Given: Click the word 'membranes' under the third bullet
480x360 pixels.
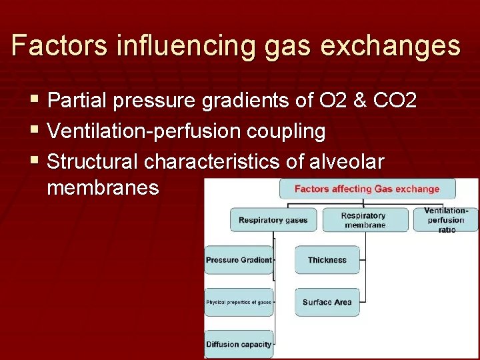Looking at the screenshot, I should (103, 188).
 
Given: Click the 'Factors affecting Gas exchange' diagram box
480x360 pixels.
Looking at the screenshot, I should (367, 189).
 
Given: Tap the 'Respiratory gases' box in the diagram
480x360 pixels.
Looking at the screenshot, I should (273, 220).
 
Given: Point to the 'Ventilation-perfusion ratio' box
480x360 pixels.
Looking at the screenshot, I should (446, 220).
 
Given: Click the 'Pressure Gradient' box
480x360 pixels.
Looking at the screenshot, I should (239, 260).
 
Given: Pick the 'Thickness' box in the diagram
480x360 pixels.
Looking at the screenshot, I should (327, 260).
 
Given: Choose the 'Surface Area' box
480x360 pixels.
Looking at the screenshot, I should (327, 302).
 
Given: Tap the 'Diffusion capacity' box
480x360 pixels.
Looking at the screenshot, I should (239, 344).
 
